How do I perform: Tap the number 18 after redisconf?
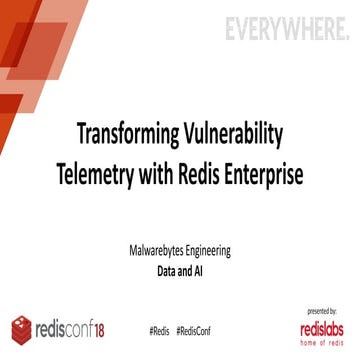click(x=112, y=327)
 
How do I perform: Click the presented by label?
click(x=325, y=312)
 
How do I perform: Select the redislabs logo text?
click(x=325, y=327)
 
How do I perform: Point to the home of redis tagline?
click(x=325, y=343)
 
